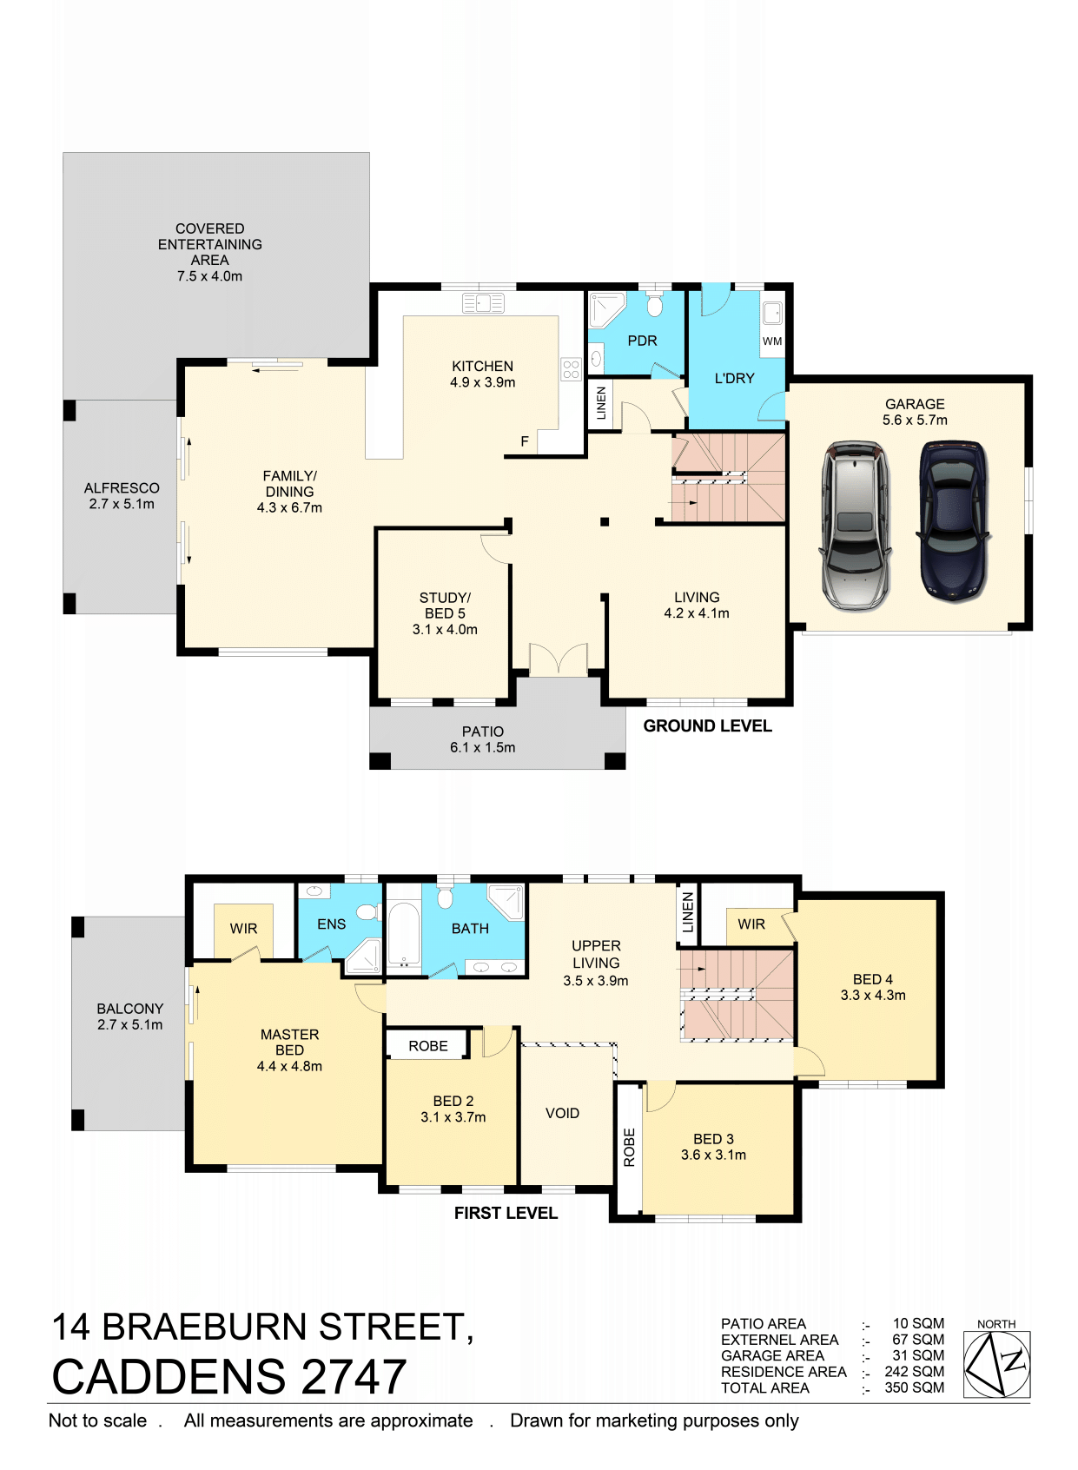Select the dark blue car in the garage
click(953, 521)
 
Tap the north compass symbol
click(996, 1364)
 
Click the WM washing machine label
click(771, 341)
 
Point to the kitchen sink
click(483, 303)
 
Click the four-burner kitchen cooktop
click(570, 369)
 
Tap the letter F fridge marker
click(525, 441)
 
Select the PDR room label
click(642, 341)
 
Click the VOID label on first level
click(562, 1113)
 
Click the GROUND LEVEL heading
click(706, 725)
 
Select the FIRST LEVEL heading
click(506, 1213)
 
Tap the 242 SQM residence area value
click(914, 1371)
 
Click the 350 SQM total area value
click(914, 1387)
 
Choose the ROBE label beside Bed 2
click(427, 1046)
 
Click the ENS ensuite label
click(331, 924)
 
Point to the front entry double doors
click(558, 659)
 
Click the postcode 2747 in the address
click(354, 1377)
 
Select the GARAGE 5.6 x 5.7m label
click(915, 412)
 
